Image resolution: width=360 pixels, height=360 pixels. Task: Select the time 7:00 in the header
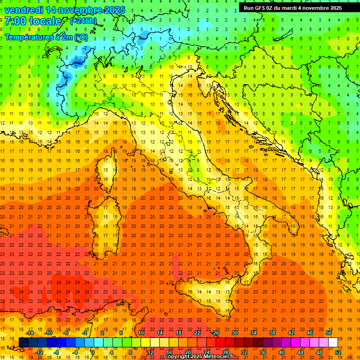coord(15,21)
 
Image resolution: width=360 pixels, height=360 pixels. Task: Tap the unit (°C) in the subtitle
coord(81,37)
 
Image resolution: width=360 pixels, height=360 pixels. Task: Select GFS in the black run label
coord(261,8)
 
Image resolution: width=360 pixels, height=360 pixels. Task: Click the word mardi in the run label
coord(293,8)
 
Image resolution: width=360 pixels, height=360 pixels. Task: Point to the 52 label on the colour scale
coord(338,352)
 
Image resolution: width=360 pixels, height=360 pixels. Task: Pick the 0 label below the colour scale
coord(93,352)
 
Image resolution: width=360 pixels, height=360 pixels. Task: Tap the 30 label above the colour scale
coord(234,333)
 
